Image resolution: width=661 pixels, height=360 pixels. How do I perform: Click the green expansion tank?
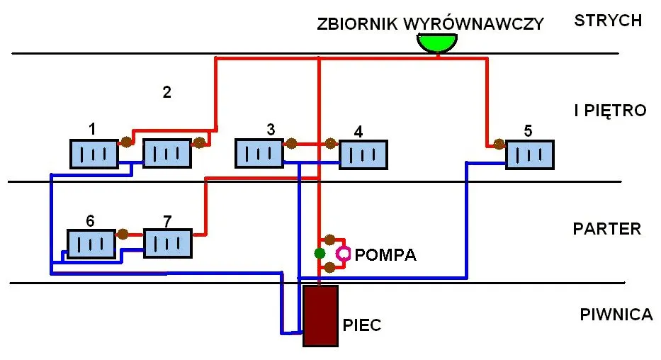(x=437, y=43)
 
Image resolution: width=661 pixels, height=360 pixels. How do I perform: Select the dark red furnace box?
(x=320, y=315)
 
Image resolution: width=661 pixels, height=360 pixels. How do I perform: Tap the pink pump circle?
(x=344, y=253)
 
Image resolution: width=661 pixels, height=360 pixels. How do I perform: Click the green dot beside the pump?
(x=320, y=253)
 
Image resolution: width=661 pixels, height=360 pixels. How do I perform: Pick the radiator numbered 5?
(x=529, y=154)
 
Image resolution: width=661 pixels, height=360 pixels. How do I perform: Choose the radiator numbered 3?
(x=259, y=154)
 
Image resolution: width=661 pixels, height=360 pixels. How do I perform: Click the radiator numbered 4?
(x=363, y=154)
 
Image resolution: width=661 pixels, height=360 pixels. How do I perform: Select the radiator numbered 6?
(x=91, y=244)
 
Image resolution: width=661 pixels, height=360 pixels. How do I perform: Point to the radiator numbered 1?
(x=94, y=153)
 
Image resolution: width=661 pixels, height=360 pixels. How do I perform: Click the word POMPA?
(x=385, y=254)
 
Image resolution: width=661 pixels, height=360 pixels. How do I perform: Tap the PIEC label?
(x=362, y=325)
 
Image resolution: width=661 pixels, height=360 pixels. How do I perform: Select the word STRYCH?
(x=608, y=20)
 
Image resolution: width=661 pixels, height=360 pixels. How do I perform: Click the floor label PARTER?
(x=606, y=229)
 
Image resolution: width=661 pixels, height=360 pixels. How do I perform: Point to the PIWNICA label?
(x=616, y=315)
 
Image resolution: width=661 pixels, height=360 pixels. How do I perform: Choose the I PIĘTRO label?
(x=610, y=111)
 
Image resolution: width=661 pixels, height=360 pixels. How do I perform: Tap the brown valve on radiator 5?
(x=499, y=145)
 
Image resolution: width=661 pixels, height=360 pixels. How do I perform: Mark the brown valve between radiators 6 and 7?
(x=123, y=232)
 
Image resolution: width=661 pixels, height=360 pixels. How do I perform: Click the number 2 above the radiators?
(x=166, y=91)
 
